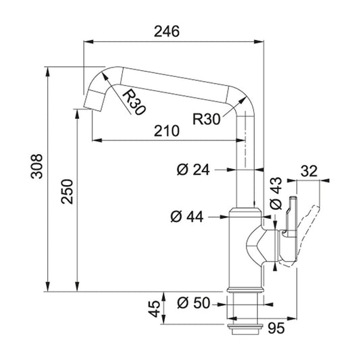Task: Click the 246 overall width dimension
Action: (166, 32)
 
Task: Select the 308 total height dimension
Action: (36, 166)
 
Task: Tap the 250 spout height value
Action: (67, 192)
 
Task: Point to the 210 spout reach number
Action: (166, 131)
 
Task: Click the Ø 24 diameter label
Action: (193, 170)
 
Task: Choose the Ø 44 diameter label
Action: (187, 217)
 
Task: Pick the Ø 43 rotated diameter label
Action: (276, 193)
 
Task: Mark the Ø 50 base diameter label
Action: (194, 303)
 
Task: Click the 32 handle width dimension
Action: (309, 171)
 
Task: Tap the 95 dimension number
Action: (276, 328)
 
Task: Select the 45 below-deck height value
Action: (154, 309)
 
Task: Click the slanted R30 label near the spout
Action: (134, 102)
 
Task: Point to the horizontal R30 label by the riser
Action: (207, 119)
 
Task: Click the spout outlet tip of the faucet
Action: (93, 101)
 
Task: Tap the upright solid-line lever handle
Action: (290, 230)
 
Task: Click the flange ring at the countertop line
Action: (244, 290)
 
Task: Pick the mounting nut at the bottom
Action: (245, 329)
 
